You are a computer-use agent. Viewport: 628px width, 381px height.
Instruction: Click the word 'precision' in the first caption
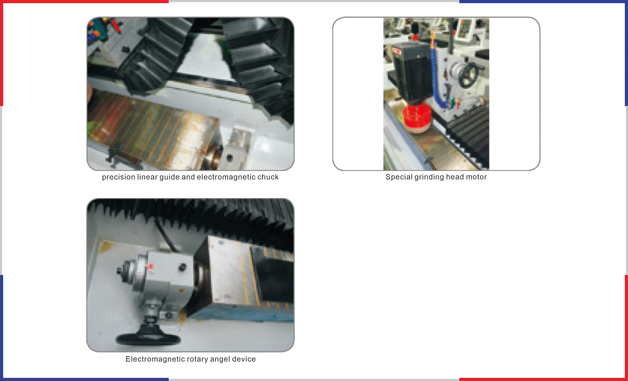[x=119, y=177]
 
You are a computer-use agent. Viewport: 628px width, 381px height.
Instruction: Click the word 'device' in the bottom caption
[x=244, y=359]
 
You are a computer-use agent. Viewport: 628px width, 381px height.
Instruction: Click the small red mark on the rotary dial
[x=151, y=267]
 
